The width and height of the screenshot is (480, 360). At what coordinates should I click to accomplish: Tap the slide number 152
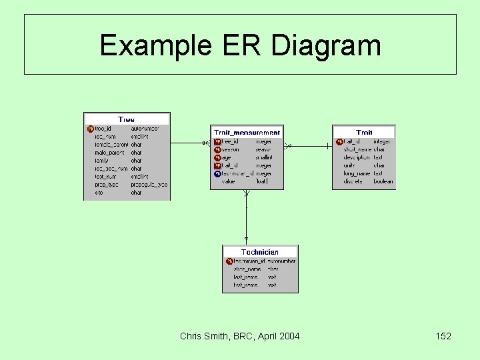[x=443, y=336]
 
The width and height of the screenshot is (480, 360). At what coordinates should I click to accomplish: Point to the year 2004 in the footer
[x=289, y=336]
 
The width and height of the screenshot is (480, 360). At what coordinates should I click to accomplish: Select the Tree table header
[x=126, y=119]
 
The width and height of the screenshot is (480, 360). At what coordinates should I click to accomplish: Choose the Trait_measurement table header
[x=247, y=133]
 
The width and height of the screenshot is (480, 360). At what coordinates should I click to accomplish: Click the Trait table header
[x=364, y=133]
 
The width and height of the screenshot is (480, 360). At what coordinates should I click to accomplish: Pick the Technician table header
[x=260, y=252]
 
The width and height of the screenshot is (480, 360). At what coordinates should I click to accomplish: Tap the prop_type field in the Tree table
[x=107, y=184]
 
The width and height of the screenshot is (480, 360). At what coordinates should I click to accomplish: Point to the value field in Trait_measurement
[x=228, y=181]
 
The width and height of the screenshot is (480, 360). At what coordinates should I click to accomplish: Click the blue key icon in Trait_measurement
[x=217, y=173]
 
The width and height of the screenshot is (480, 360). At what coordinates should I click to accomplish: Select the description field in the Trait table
[x=357, y=157]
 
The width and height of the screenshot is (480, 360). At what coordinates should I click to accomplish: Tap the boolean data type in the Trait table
[x=383, y=181]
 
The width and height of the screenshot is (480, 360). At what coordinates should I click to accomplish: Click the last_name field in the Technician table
[x=245, y=277]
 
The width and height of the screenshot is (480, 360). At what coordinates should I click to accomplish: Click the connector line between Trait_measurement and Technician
[x=247, y=217]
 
